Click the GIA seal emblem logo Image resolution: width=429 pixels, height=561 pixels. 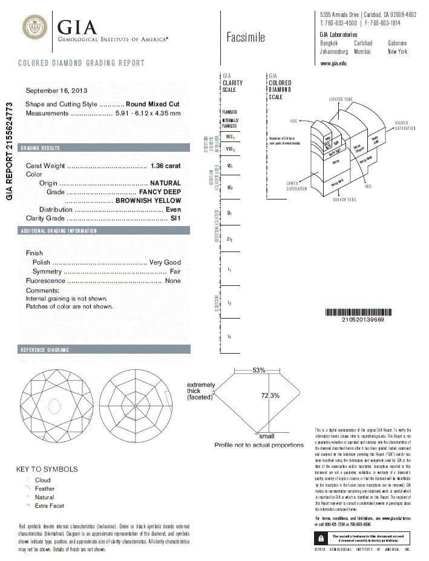pyautogui.click(x=34, y=28)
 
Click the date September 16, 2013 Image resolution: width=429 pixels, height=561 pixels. pyautogui.click(x=56, y=91)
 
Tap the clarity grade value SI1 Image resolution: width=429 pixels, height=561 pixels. pyautogui.click(x=175, y=218)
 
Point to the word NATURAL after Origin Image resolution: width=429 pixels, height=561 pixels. pyautogui.click(x=165, y=183)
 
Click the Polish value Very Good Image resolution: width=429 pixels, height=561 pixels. pyautogui.click(x=165, y=262)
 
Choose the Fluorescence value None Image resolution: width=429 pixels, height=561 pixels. pyautogui.click(x=173, y=281)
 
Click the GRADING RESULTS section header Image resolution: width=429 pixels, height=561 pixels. pyautogui.click(x=40, y=148)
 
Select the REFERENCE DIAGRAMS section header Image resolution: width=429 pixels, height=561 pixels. pyautogui.click(x=45, y=350)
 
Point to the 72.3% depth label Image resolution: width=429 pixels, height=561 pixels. pyautogui.click(x=270, y=396)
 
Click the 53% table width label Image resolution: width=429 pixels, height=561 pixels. pyautogui.click(x=259, y=370)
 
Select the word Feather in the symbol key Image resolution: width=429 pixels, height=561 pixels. pyautogui.click(x=45, y=488)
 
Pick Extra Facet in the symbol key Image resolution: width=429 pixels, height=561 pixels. pyautogui.click(x=50, y=505)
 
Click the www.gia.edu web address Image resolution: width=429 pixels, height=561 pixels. pyautogui.click(x=333, y=63)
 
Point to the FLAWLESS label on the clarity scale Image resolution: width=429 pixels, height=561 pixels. pyautogui.click(x=230, y=112)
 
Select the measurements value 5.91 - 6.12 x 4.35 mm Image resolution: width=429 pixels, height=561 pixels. pyautogui.click(x=148, y=113)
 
